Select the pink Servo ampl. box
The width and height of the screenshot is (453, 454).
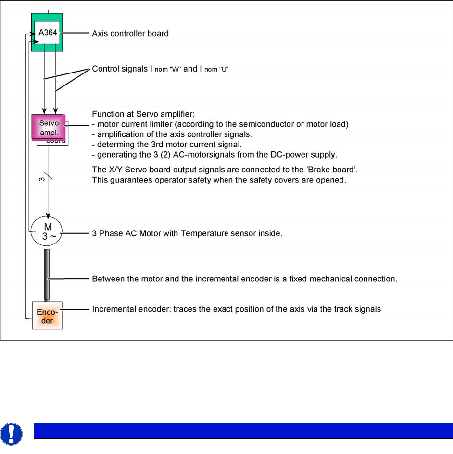(x=48, y=126)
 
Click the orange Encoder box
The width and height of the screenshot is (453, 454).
(x=47, y=316)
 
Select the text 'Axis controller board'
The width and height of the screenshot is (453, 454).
(x=130, y=34)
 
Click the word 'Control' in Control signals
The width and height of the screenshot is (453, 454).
(x=105, y=69)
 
